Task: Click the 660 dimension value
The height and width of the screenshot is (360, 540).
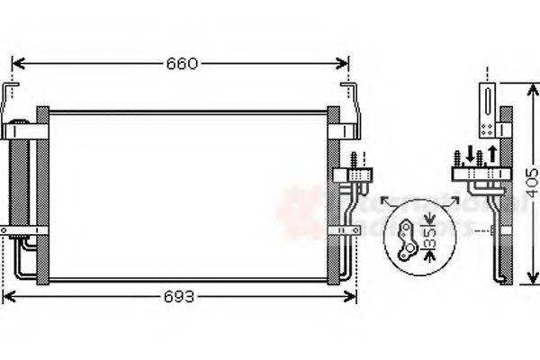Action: coord(180,63)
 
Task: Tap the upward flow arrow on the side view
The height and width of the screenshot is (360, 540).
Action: coord(491,152)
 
